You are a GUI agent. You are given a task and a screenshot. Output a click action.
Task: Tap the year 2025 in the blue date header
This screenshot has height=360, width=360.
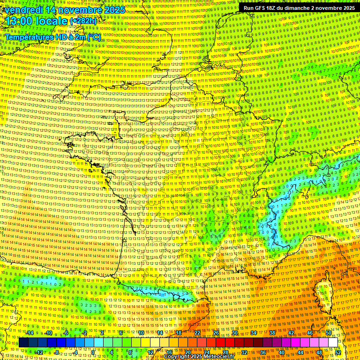(x=112, y=9)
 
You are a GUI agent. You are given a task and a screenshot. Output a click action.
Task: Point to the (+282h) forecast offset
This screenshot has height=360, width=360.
(x=84, y=21)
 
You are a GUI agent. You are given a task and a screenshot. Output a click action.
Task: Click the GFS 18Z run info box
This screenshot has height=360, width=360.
(x=299, y=8)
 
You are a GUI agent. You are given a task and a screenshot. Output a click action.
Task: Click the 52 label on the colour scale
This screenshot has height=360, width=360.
(x=338, y=352)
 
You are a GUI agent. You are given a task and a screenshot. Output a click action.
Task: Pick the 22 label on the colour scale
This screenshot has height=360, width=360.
(x=197, y=332)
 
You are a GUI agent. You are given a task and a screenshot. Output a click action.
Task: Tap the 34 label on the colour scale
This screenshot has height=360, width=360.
(x=254, y=332)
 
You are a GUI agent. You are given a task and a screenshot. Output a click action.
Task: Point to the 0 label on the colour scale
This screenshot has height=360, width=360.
(x=93, y=352)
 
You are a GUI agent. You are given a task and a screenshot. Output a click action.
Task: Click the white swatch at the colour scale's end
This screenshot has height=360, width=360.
(x=333, y=342)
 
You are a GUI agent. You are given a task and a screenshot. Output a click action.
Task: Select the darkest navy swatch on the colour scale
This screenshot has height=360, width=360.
(x=23, y=342)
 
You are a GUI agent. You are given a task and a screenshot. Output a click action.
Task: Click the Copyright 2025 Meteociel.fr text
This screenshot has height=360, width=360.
(x=198, y=357)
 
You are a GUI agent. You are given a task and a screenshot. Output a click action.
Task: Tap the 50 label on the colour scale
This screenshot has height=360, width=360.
(x=329, y=332)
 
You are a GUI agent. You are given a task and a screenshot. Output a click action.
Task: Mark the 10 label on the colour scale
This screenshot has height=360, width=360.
(x=141, y=332)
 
